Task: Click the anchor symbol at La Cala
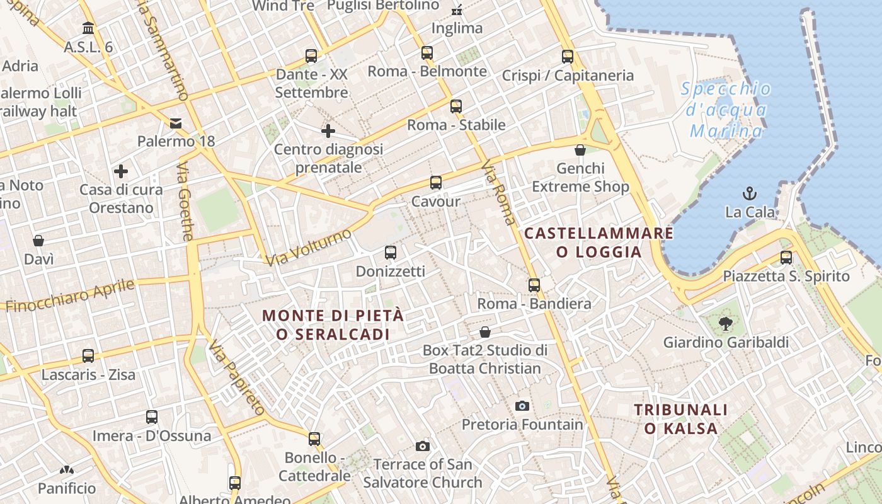750,193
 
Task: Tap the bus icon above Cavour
436,183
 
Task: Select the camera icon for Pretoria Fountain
522,406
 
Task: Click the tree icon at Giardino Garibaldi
726,324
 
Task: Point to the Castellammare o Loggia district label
598,243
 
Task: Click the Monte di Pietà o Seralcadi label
333,324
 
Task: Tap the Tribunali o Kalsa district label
680,419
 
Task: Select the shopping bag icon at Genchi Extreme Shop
580,150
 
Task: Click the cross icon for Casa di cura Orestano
121,171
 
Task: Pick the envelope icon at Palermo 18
176,123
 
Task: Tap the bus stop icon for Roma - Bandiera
534,285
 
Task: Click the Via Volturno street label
308,248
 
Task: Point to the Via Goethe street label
185,202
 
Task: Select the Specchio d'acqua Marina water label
726,110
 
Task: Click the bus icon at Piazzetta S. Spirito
786,257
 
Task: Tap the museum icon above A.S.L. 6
88,28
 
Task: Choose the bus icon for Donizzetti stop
391,253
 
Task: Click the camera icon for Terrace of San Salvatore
423,446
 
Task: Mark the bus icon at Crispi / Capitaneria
568,57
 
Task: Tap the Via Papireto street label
237,377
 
